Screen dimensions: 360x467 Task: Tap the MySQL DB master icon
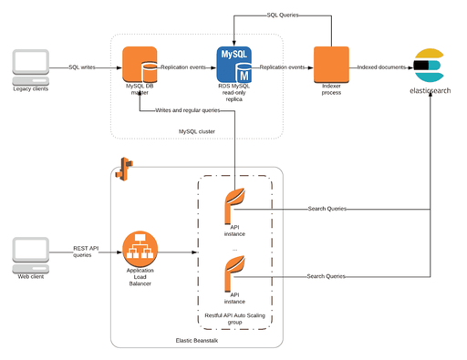pos(140,66)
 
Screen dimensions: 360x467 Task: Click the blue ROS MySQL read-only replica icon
pos(234,66)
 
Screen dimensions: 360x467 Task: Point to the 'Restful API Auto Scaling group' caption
pos(234,318)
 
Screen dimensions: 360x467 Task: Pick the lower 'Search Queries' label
pos(326,276)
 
